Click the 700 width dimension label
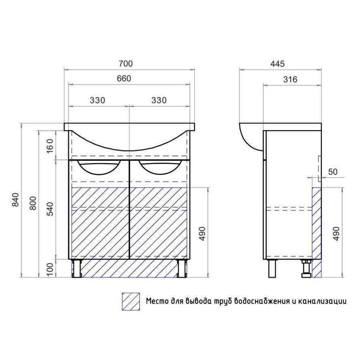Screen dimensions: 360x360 (x=126, y=64)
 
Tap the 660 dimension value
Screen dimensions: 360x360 (x=124, y=79)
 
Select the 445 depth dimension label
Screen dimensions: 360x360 (x=277, y=64)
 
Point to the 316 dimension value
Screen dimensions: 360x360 (x=290, y=79)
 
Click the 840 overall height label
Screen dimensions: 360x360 (x=15, y=200)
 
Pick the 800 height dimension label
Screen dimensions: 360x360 (x=33, y=203)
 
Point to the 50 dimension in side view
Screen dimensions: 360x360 (x=333, y=172)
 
